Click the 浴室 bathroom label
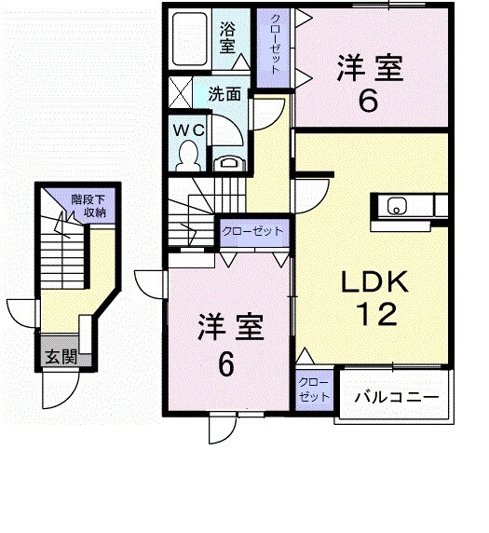pyautogui.click(x=228, y=39)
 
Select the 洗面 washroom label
pyautogui.click(x=224, y=94)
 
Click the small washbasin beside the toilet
pyautogui.click(x=229, y=164)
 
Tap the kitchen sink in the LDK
pyautogui.click(x=395, y=207)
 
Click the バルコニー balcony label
pyautogui.click(x=395, y=398)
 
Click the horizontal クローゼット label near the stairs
pyautogui.click(x=252, y=230)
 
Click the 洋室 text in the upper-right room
pyautogui.click(x=369, y=68)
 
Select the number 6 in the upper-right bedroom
pyautogui.click(x=369, y=101)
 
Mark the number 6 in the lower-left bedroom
pyautogui.click(x=225, y=365)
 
